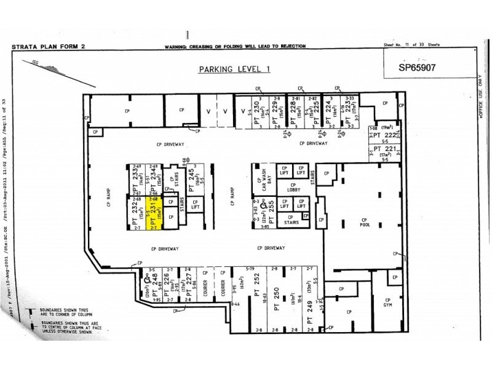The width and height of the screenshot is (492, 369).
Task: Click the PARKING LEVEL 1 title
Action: pos(234,69)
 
